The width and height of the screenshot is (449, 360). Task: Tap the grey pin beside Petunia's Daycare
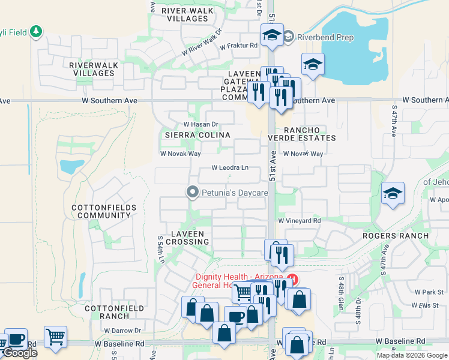pyautogui.click(x=192, y=193)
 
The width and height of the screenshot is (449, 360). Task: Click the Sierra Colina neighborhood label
pyautogui.click(x=197, y=135)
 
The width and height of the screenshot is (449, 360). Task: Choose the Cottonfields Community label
pyautogui.click(x=104, y=211)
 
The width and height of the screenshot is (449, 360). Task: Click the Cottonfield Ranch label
pyautogui.click(x=107, y=312)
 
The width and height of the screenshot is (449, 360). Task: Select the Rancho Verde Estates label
pyautogui.click(x=309, y=134)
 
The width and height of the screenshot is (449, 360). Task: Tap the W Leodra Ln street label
pyautogui.click(x=230, y=168)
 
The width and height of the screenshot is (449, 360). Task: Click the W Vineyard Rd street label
pyautogui.click(x=299, y=221)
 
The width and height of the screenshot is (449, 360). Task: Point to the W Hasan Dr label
pyautogui.click(x=200, y=124)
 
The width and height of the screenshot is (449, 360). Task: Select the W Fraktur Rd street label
pyautogui.click(x=238, y=46)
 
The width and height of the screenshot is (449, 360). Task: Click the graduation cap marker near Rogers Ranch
pyautogui.click(x=393, y=193)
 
